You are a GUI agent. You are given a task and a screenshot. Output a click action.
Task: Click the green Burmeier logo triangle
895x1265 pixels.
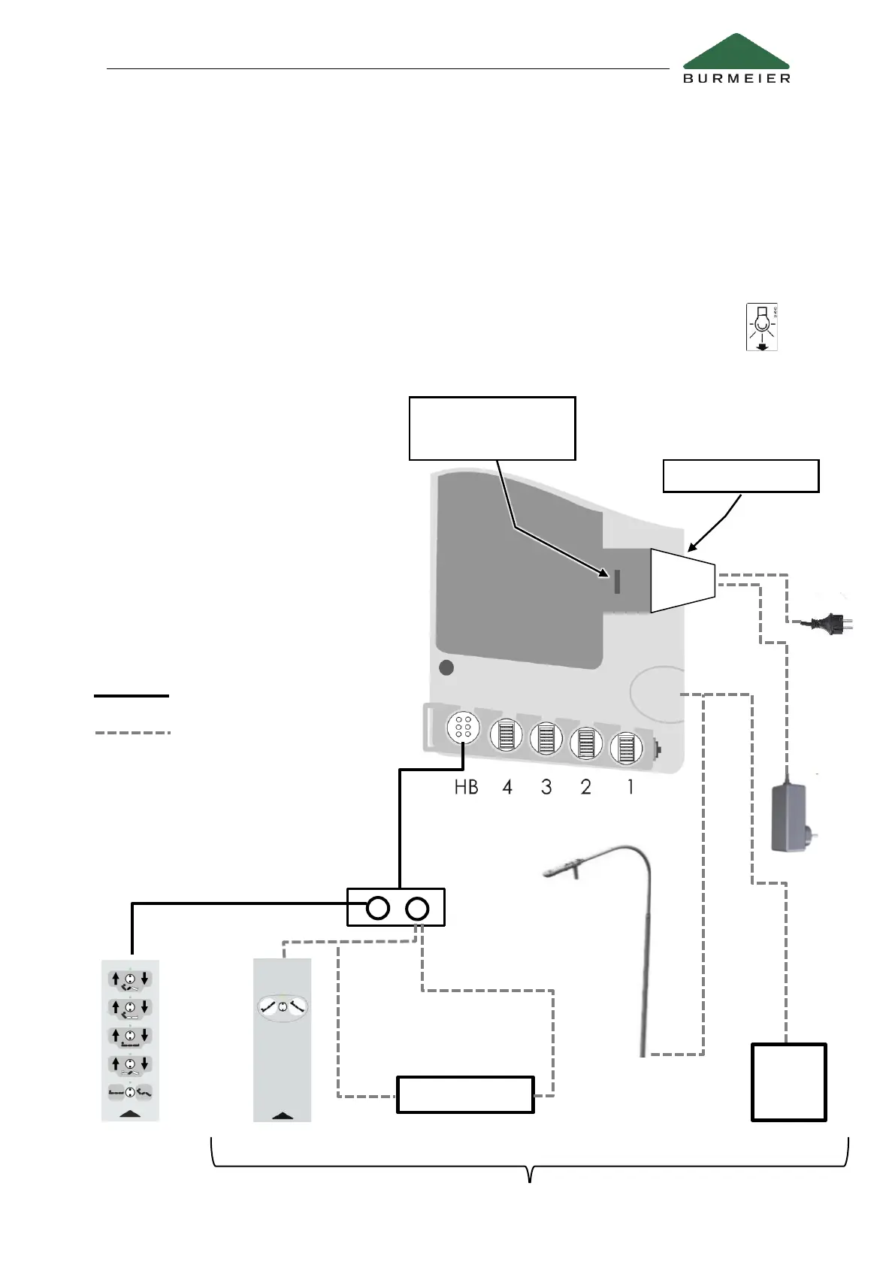[x=736, y=53]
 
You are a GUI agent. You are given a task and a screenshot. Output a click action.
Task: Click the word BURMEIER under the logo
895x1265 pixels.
[x=736, y=78]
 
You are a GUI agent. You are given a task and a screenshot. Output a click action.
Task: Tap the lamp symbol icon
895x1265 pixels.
[x=762, y=327]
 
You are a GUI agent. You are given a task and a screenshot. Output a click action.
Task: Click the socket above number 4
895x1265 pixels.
[x=506, y=735]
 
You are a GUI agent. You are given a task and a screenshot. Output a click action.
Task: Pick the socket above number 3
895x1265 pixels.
[x=546, y=738]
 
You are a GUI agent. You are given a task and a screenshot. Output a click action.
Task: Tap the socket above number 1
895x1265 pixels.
[x=626, y=747]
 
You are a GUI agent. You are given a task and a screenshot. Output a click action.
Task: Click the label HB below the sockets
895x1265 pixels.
[x=466, y=787]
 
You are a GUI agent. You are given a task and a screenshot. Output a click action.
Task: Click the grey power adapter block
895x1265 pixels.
[x=789, y=818]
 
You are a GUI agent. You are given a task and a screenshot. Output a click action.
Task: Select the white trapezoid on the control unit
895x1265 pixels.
[x=682, y=580]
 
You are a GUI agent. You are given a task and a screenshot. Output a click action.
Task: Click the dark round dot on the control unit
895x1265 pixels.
[x=446, y=667]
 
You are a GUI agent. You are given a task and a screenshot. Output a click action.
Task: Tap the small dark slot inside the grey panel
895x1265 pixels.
[x=617, y=581]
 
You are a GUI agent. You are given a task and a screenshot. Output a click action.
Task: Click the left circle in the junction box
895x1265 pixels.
[x=378, y=908]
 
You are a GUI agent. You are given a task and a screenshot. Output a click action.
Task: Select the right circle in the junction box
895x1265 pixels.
[x=417, y=908]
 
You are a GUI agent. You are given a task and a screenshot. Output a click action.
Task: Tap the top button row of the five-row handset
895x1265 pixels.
[x=130, y=979]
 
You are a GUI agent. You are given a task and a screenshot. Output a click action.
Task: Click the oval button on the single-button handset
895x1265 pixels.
[x=283, y=1006]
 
